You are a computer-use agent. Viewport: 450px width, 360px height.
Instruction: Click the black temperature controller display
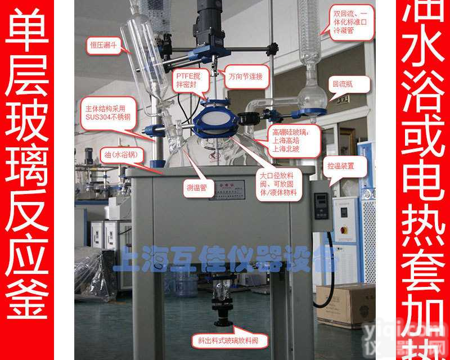tap(321, 205)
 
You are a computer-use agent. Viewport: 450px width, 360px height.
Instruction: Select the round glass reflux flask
tap(312, 95)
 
